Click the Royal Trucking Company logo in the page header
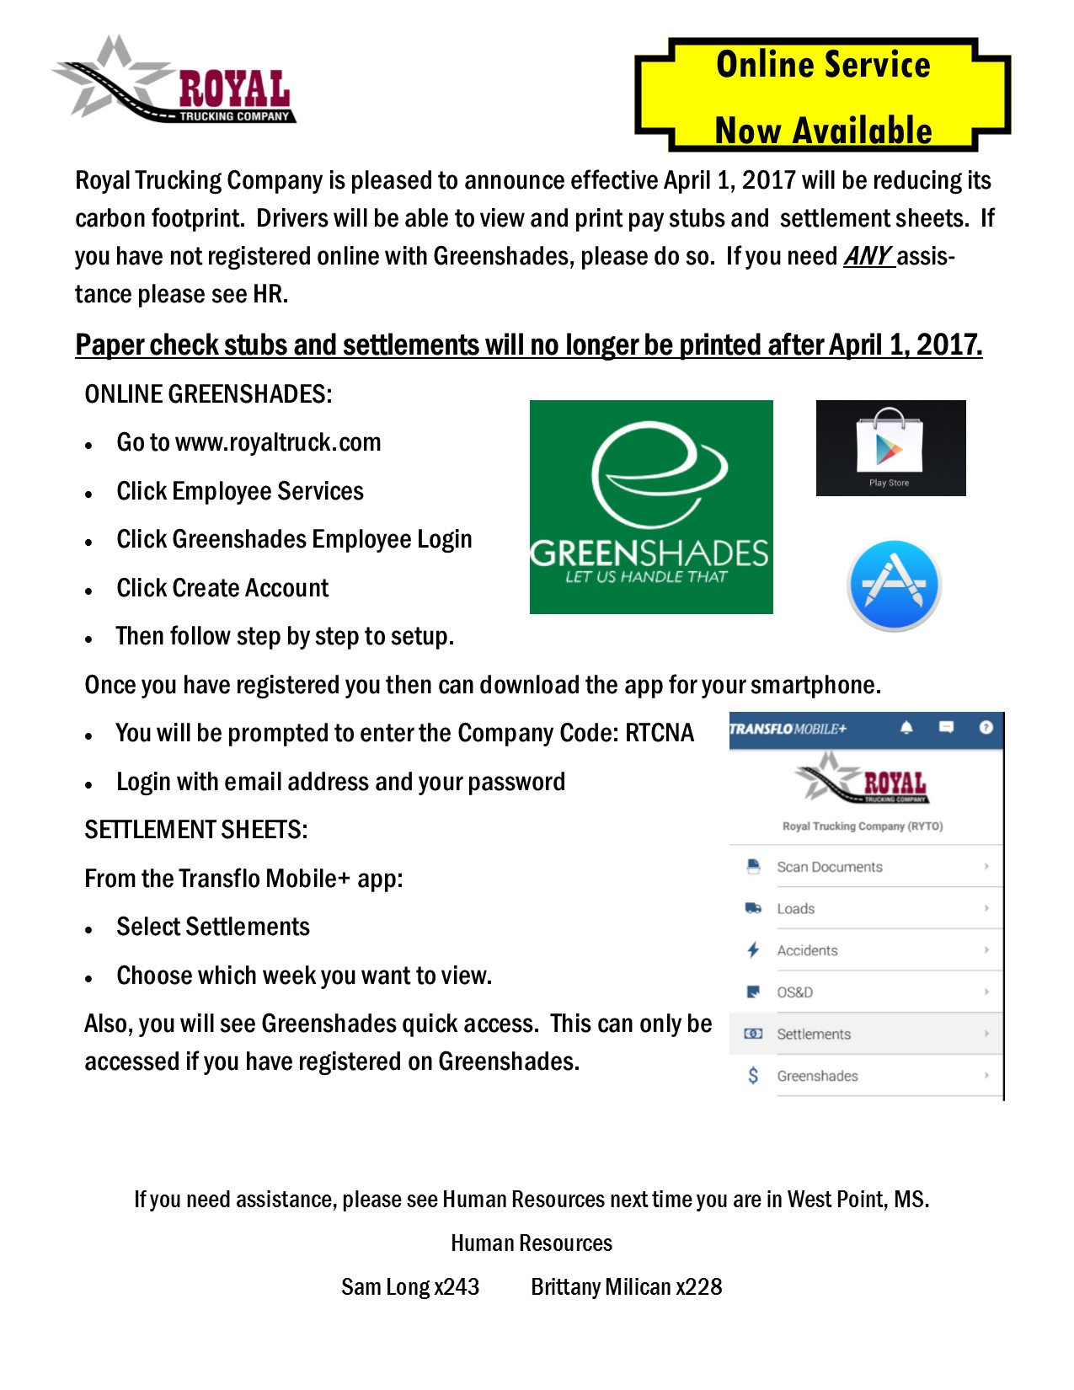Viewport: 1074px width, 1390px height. click(175, 80)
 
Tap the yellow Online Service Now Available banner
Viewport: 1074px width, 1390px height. click(822, 95)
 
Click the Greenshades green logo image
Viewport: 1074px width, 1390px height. click(650, 506)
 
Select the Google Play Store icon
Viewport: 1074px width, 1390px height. click(890, 447)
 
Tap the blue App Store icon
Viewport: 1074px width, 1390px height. click(893, 585)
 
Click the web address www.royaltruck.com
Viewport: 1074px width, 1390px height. click(278, 442)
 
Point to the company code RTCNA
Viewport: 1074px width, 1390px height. click(660, 733)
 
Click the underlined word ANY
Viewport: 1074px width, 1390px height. click(868, 256)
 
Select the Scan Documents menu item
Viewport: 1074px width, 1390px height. click(829, 867)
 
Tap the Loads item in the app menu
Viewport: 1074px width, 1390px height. click(795, 909)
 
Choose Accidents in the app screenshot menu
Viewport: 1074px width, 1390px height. click(807, 950)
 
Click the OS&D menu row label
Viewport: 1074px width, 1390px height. click(794, 992)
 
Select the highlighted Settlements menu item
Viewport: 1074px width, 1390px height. click(814, 1034)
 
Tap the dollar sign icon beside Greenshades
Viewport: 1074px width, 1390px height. click(753, 1076)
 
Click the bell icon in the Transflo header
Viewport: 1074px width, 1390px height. click(906, 728)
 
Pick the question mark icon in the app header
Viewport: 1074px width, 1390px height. click(986, 728)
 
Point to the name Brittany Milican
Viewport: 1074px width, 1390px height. click(601, 1287)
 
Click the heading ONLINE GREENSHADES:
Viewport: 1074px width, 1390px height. click(208, 394)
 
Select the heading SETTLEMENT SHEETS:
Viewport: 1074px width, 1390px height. click(195, 830)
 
